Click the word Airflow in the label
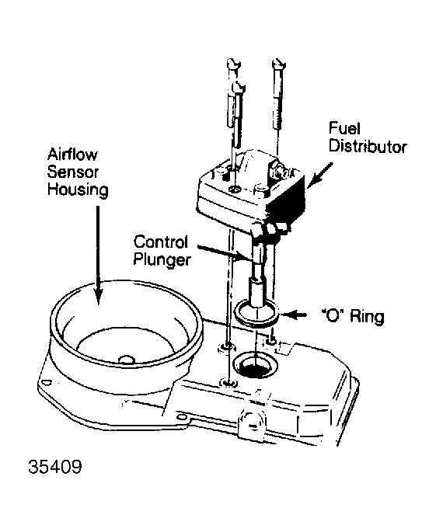(x=72, y=155)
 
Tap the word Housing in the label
(x=78, y=190)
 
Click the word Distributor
(x=368, y=147)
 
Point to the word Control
(x=160, y=242)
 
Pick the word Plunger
(x=162, y=260)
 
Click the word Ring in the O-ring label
(x=367, y=317)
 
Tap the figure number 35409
(x=55, y=467)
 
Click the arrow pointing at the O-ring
(x=293, y=315)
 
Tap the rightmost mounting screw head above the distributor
(x=279, y=64)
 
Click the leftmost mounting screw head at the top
(x=233, y=64)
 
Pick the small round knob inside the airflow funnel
(x=127, y=360)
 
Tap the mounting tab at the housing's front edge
(x=251, y=425)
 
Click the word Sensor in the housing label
(x=73, y=172)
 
